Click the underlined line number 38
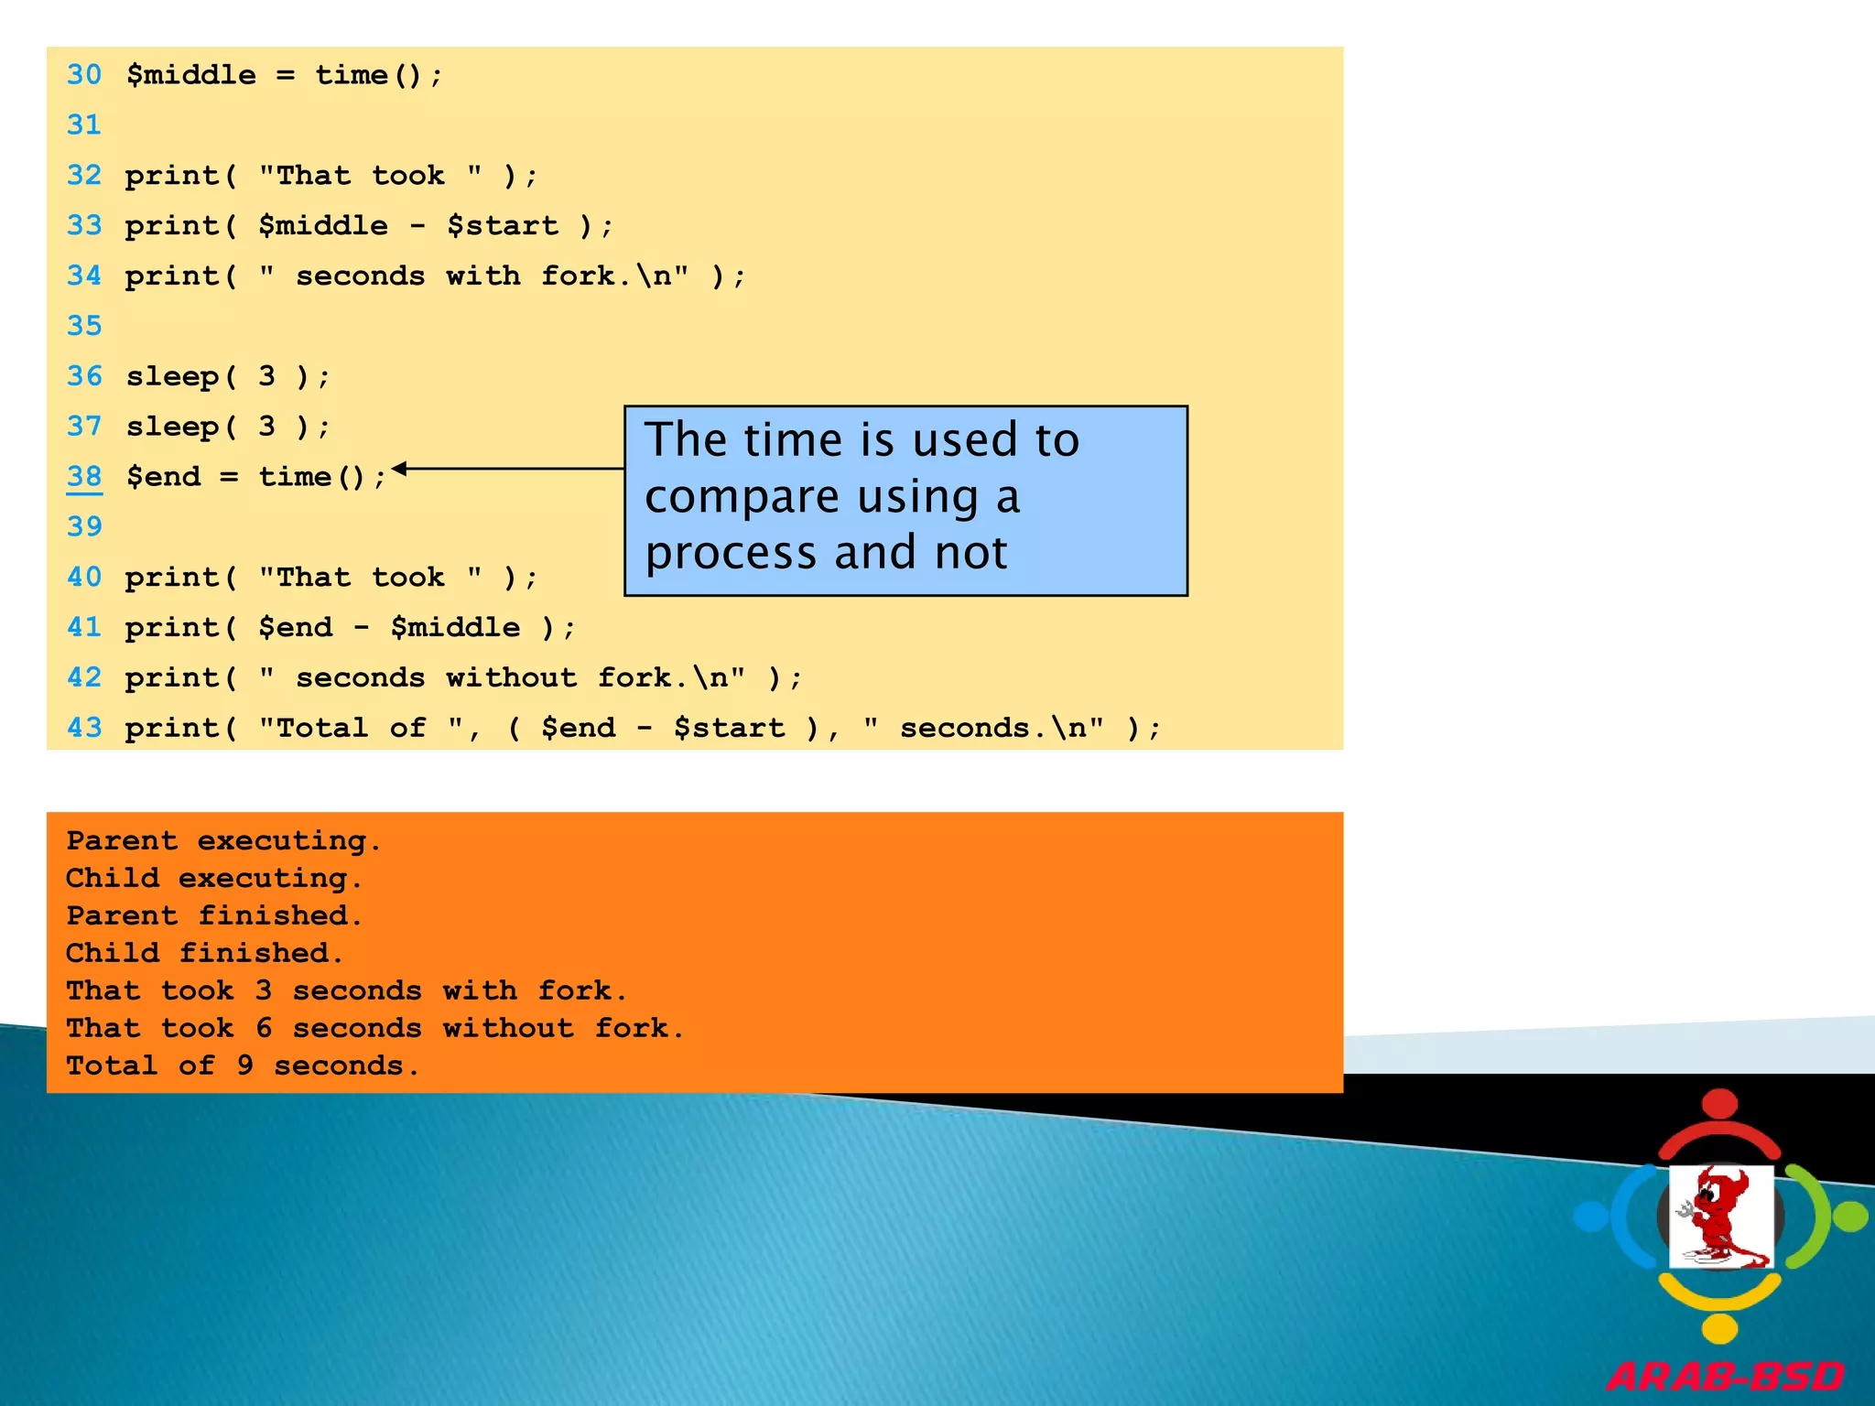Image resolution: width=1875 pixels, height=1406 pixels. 84,476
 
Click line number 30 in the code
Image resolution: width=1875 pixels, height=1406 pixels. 84,74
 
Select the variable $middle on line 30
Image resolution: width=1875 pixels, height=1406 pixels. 191,74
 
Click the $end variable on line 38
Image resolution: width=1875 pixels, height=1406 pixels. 163,476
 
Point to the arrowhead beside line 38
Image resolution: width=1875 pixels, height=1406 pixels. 399,469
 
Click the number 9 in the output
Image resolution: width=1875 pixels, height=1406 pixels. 244,1065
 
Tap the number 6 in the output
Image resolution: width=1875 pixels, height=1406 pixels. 264,1028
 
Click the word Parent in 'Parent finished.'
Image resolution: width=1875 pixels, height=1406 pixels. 122,915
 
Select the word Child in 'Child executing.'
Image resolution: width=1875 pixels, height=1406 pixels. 113,878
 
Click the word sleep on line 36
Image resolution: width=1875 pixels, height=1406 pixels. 172,376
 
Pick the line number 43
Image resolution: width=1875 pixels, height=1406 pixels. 84,728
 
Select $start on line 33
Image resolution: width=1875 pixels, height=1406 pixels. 503,225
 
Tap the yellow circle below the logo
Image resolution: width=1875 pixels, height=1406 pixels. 1720,1328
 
